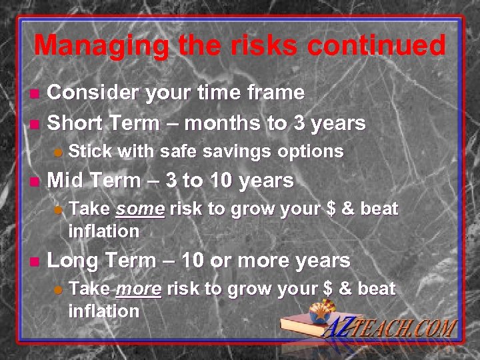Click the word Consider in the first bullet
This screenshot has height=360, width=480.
coord(92,92)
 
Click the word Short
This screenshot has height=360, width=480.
coord(74,123)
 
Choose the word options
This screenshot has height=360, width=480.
coord(311,151)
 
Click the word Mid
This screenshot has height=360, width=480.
coord(66,181)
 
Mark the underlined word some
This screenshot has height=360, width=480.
coord(140,209)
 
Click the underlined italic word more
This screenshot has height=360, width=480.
coord(138,289)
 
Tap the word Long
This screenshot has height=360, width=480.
coord(72,260)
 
